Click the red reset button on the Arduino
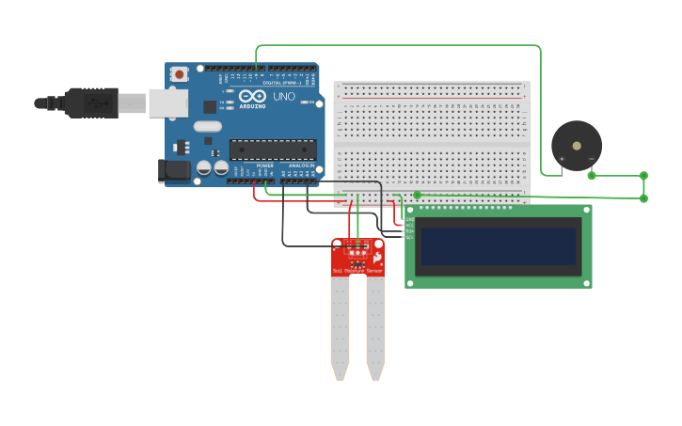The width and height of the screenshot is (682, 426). pos(179,73)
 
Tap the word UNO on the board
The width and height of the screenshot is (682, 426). pos(284,97)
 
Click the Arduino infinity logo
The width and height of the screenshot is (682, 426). pos(252,96)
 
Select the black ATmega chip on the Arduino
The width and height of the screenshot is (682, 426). pos(273,149)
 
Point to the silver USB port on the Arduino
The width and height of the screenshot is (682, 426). pos(167,103)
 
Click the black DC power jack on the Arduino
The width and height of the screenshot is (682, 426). pos(174,170)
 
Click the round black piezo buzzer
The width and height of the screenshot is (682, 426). pos(576,145)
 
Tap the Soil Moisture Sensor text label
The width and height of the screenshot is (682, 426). pos(357,271)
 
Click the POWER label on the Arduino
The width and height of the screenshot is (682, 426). pos(265,166)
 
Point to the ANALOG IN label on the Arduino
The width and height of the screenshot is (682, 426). pos(301,166)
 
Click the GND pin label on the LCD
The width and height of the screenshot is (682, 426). pos(409,220)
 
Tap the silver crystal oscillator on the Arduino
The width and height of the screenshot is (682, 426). pos(208,126)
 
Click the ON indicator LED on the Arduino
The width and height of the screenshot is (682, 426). pos(310,102)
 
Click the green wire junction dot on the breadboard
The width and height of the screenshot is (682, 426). pos(417,195)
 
